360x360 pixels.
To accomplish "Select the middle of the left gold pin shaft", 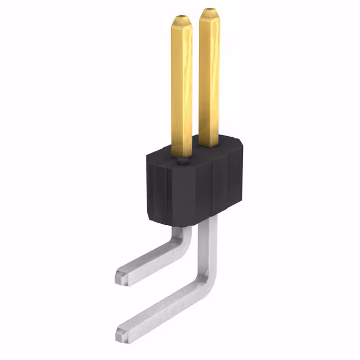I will click(x=182, y=84).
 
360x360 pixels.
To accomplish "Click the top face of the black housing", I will click(x=194, y=153).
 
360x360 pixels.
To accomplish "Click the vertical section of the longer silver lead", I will click(x=210, y=247).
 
